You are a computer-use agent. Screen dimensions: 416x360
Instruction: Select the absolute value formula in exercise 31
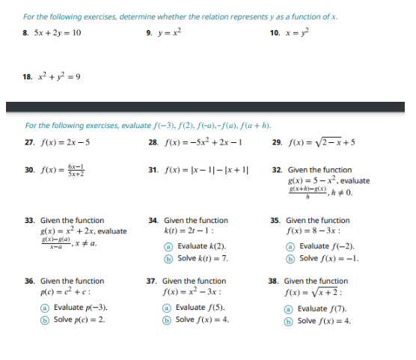coord(207,171)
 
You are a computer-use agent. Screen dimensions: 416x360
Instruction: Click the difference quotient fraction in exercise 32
coord(312,192)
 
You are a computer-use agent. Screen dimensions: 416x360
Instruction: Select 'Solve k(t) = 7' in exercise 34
coord(201,257)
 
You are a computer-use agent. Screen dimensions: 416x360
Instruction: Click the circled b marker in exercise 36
coord(45,319)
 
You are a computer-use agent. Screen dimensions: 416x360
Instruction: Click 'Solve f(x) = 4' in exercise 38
coord(324,320)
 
